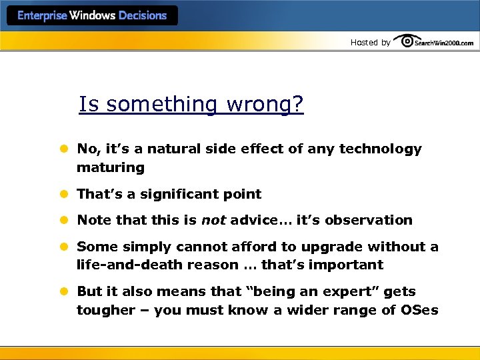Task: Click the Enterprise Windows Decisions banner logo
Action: [x=92, y=15]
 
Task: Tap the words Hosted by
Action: [x=370, y=43]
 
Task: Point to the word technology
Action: [x=380, y=149]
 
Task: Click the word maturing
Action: [x=110, y=167]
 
